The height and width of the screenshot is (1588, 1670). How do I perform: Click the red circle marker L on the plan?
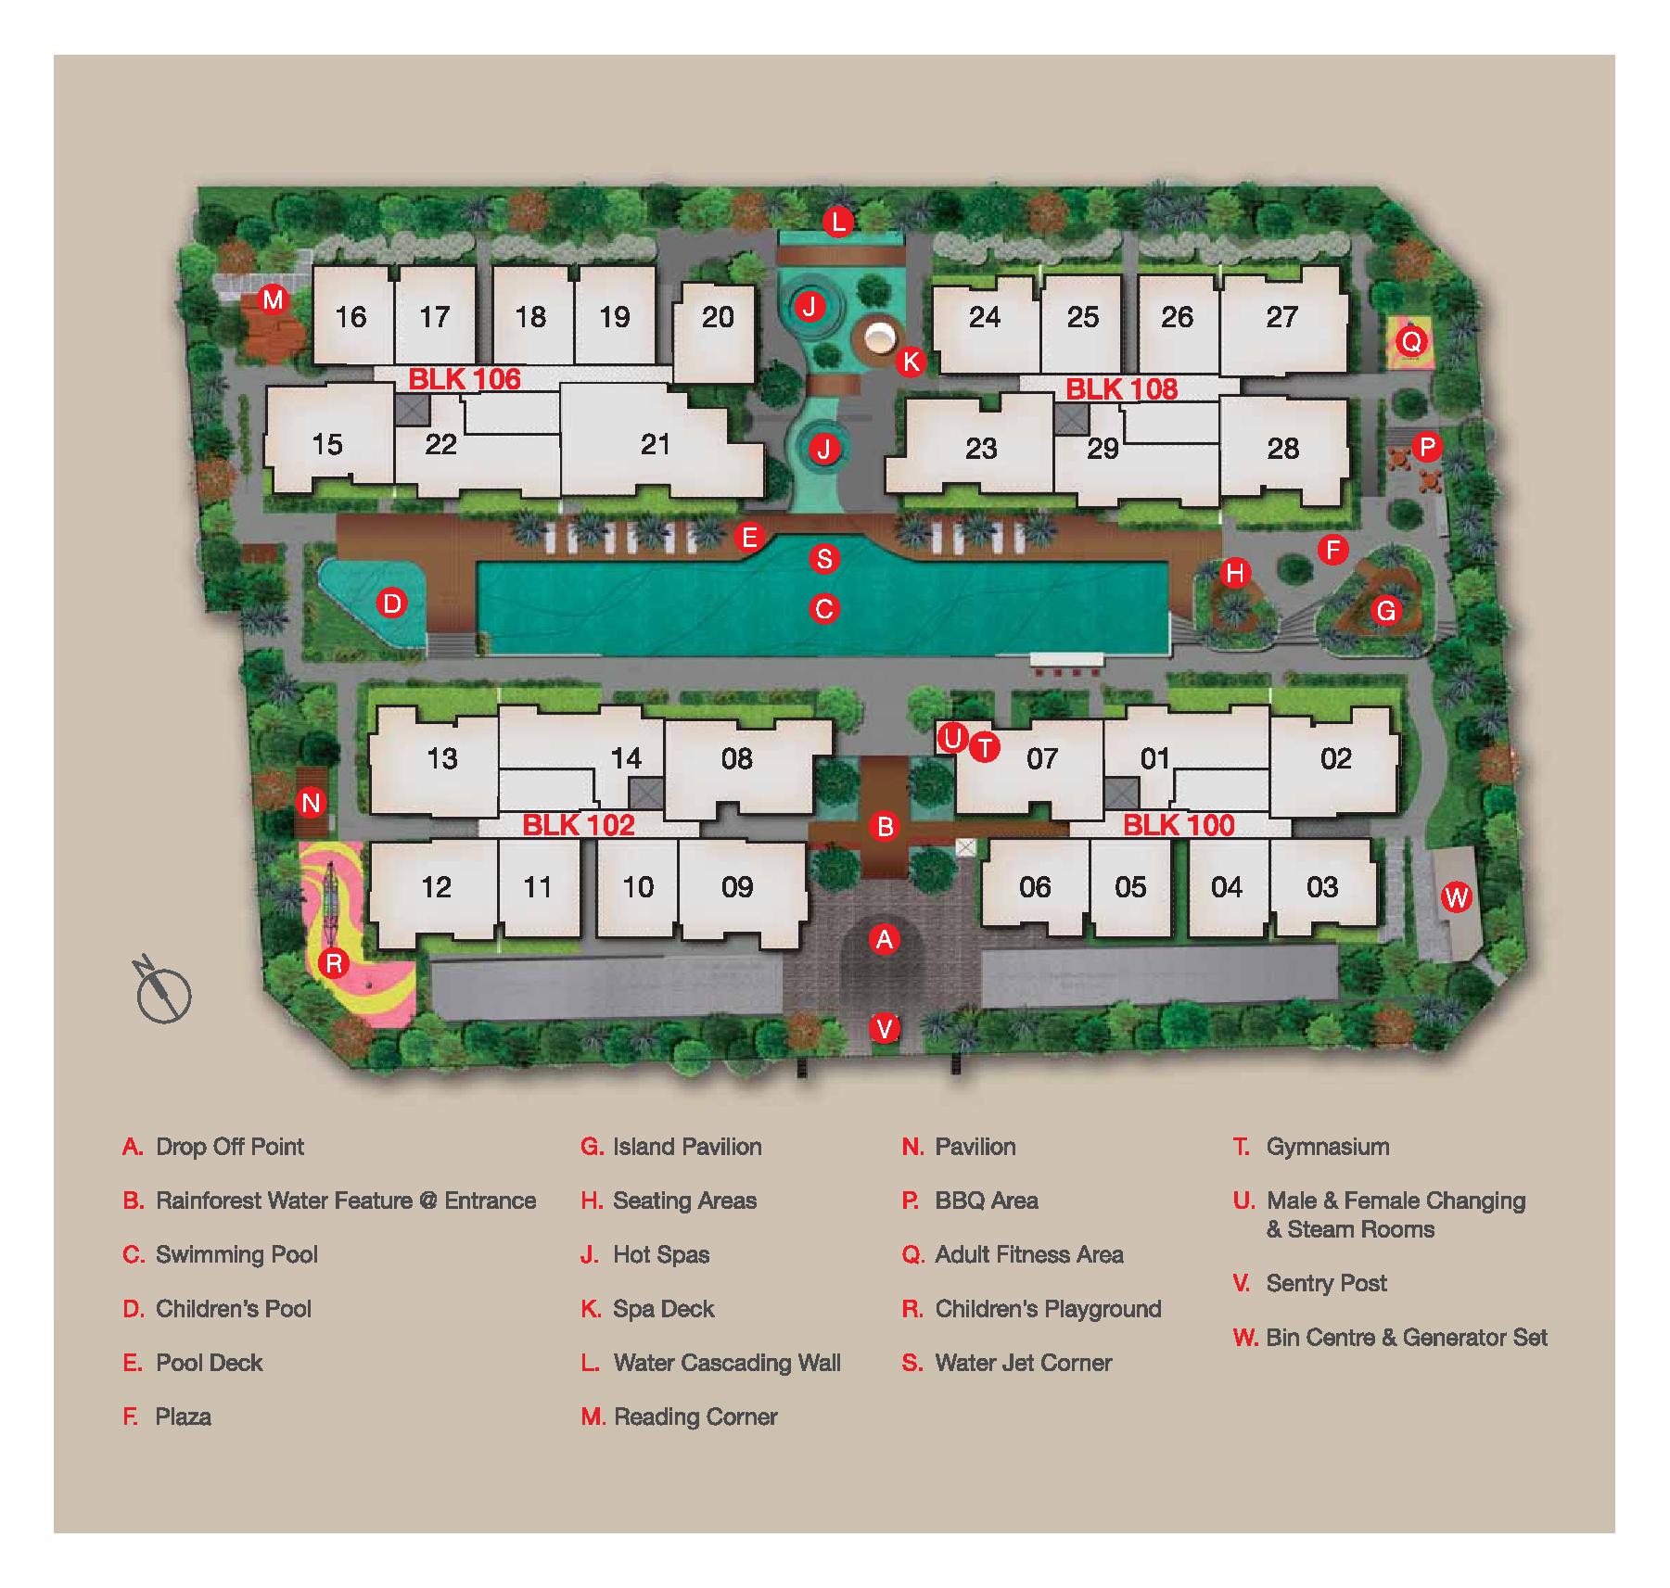[x=838, y=222]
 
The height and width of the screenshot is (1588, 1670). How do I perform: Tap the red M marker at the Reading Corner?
[x=273, y=299]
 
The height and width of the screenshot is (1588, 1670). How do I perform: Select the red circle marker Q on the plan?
[x=1410, y=341]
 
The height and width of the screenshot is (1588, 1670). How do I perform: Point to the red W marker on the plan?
[x=1457, y=896]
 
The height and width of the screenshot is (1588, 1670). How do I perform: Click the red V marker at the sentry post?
[x=885, y=1028]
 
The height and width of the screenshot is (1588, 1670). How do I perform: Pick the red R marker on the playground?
[x=334, y=963]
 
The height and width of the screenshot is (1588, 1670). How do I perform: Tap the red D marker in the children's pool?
[x=392, y=604]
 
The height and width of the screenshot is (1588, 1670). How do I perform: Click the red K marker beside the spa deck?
[x=911, y=361]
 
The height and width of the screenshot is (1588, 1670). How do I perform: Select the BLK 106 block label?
[x=465, y=378]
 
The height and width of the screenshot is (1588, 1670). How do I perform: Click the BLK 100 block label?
[x=1179, y=825]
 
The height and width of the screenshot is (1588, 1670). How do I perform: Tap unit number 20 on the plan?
[x=718, y=317]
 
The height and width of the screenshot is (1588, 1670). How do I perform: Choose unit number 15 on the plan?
[x=327, y=444]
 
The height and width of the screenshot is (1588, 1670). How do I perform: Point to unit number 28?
[x=1282, y=449]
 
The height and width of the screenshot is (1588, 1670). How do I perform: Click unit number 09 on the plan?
[x=737, y=887]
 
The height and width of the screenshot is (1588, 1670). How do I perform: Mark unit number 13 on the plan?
[x=442, y=758]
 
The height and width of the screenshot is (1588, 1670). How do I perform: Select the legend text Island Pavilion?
[x=687, y=1147]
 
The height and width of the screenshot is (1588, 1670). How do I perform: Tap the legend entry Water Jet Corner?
[x=1023, y=1363]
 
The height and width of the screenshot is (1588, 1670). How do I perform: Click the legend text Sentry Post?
[x=1326, y=1283]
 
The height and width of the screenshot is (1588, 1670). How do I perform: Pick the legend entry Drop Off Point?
[x=229, y=1147]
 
